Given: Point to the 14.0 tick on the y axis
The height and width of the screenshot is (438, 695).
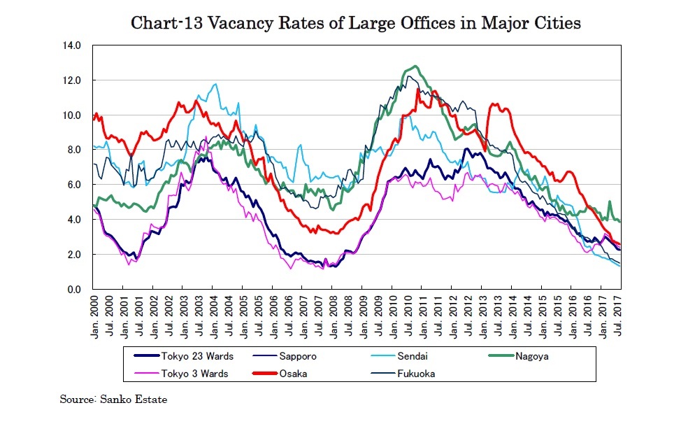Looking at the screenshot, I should click(73, 45).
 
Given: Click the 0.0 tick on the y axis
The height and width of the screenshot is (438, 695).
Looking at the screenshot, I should click(75, 289).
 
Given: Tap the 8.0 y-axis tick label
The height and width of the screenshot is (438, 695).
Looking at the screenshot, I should click(75, 150).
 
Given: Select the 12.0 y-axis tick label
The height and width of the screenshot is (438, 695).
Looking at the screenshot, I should click(73, 80).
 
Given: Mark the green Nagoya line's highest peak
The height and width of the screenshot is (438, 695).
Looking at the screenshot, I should click(416, 66).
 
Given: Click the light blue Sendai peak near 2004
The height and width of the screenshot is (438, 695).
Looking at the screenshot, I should click(215, 85).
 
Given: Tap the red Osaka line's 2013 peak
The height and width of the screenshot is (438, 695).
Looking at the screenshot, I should click(494, 104).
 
